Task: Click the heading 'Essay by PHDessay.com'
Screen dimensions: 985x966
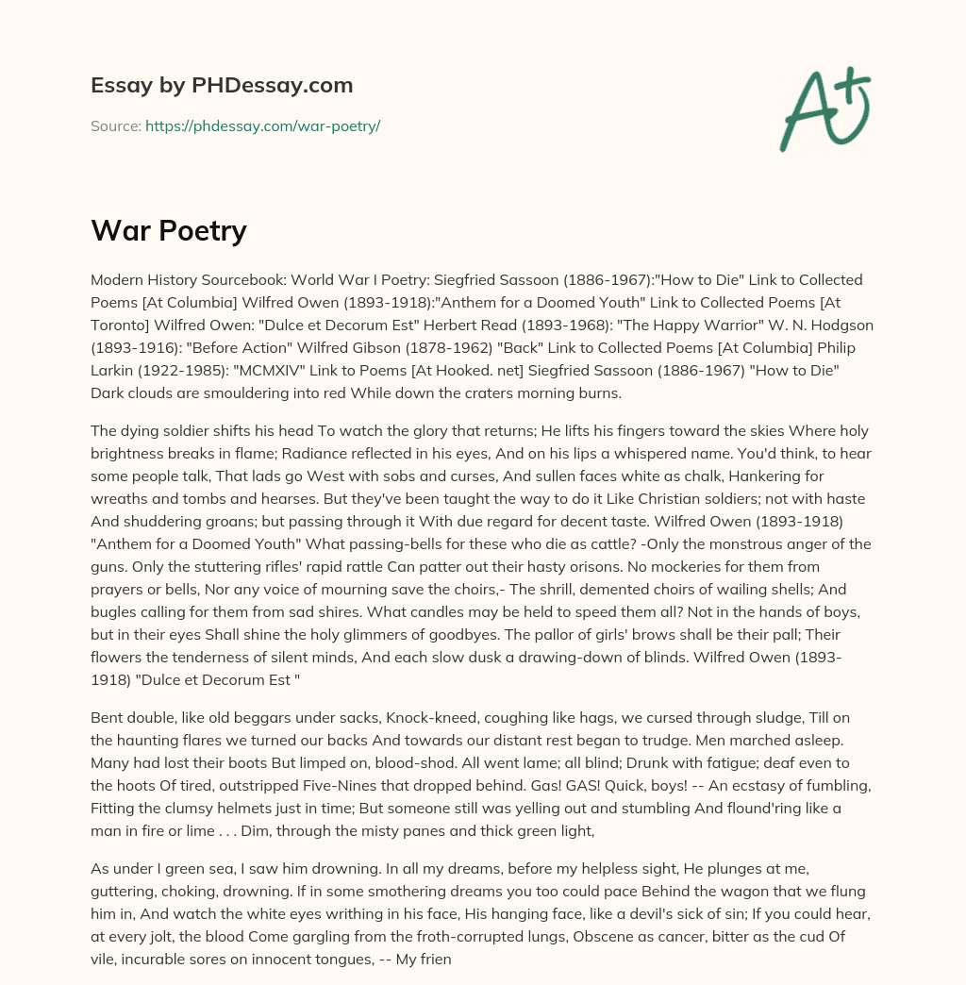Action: [222, 85]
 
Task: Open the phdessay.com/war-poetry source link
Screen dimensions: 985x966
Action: [262, 125]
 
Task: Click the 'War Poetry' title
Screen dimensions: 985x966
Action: [169, 230]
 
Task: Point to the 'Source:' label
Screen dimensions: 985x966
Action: [115, 125]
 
